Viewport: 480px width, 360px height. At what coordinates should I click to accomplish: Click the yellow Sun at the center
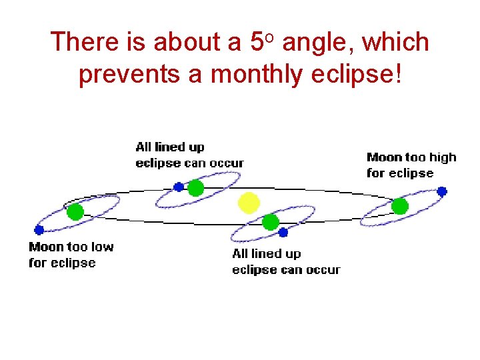[x=249, y=202]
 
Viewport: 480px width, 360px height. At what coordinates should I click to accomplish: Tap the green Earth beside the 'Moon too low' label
[x=75, y=212]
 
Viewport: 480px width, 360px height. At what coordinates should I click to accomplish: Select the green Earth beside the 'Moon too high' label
[x=399, y=206]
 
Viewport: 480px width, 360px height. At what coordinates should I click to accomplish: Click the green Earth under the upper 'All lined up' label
[x=195, y=188]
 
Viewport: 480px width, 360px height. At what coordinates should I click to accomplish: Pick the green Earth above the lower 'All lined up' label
[x=270, y=222]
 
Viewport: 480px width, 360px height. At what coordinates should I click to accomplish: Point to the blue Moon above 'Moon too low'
[x=39, y=230]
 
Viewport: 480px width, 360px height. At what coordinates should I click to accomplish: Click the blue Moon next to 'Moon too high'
[x=442, y=191]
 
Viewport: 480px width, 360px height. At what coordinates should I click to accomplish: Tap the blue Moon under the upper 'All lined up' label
[x=178, y=187]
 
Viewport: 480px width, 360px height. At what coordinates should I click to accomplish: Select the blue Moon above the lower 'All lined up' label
[x=283, y=233]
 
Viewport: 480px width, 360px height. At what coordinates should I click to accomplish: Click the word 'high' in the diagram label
[x=443, y=157]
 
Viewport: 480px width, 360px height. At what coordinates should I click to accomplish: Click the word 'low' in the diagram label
[x=101, y=247]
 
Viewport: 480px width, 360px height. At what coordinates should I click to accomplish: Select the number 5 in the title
[x=257, y=42]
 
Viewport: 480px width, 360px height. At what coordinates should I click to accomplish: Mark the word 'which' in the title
[x=398, y=42]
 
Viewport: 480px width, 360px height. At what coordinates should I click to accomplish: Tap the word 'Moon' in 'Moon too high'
[x=385, y=157]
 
